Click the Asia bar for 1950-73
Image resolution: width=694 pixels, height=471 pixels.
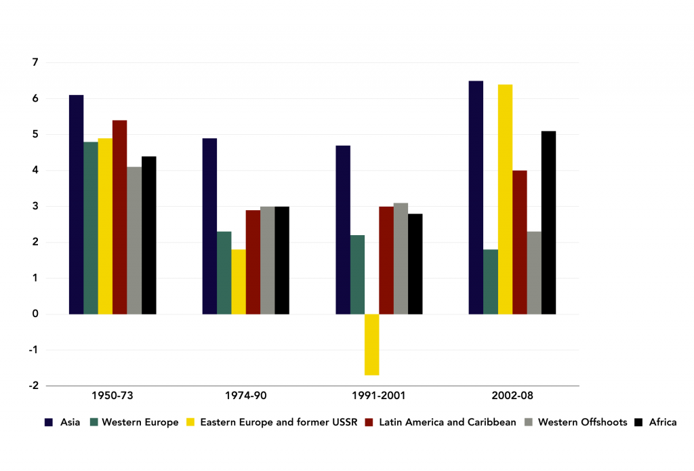pyautogui.click(x=76, y=204)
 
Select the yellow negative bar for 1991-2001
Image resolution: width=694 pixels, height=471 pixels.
pyautogui.click(x=371, y=344)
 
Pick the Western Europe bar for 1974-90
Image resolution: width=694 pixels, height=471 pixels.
pyautogui.click(x=224, y=272)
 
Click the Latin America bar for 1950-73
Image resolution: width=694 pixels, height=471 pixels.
pyautogui.click(x=119, y=217)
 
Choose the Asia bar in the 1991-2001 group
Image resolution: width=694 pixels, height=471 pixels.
pyautogui.click(x=343, y=230)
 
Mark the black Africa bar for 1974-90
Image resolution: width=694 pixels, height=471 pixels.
pyautogui.click(x=281, y=260)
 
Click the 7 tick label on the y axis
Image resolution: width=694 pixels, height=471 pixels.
pyautogui.click(x=35, y=62)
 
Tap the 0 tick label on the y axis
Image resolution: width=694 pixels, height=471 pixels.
pyautogui.click(x=35, y=314)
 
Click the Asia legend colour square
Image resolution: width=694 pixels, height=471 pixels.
pyautogui.click(x=49, y=422)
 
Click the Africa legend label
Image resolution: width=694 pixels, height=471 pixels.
pyautogui.click(x=662, y=422)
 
